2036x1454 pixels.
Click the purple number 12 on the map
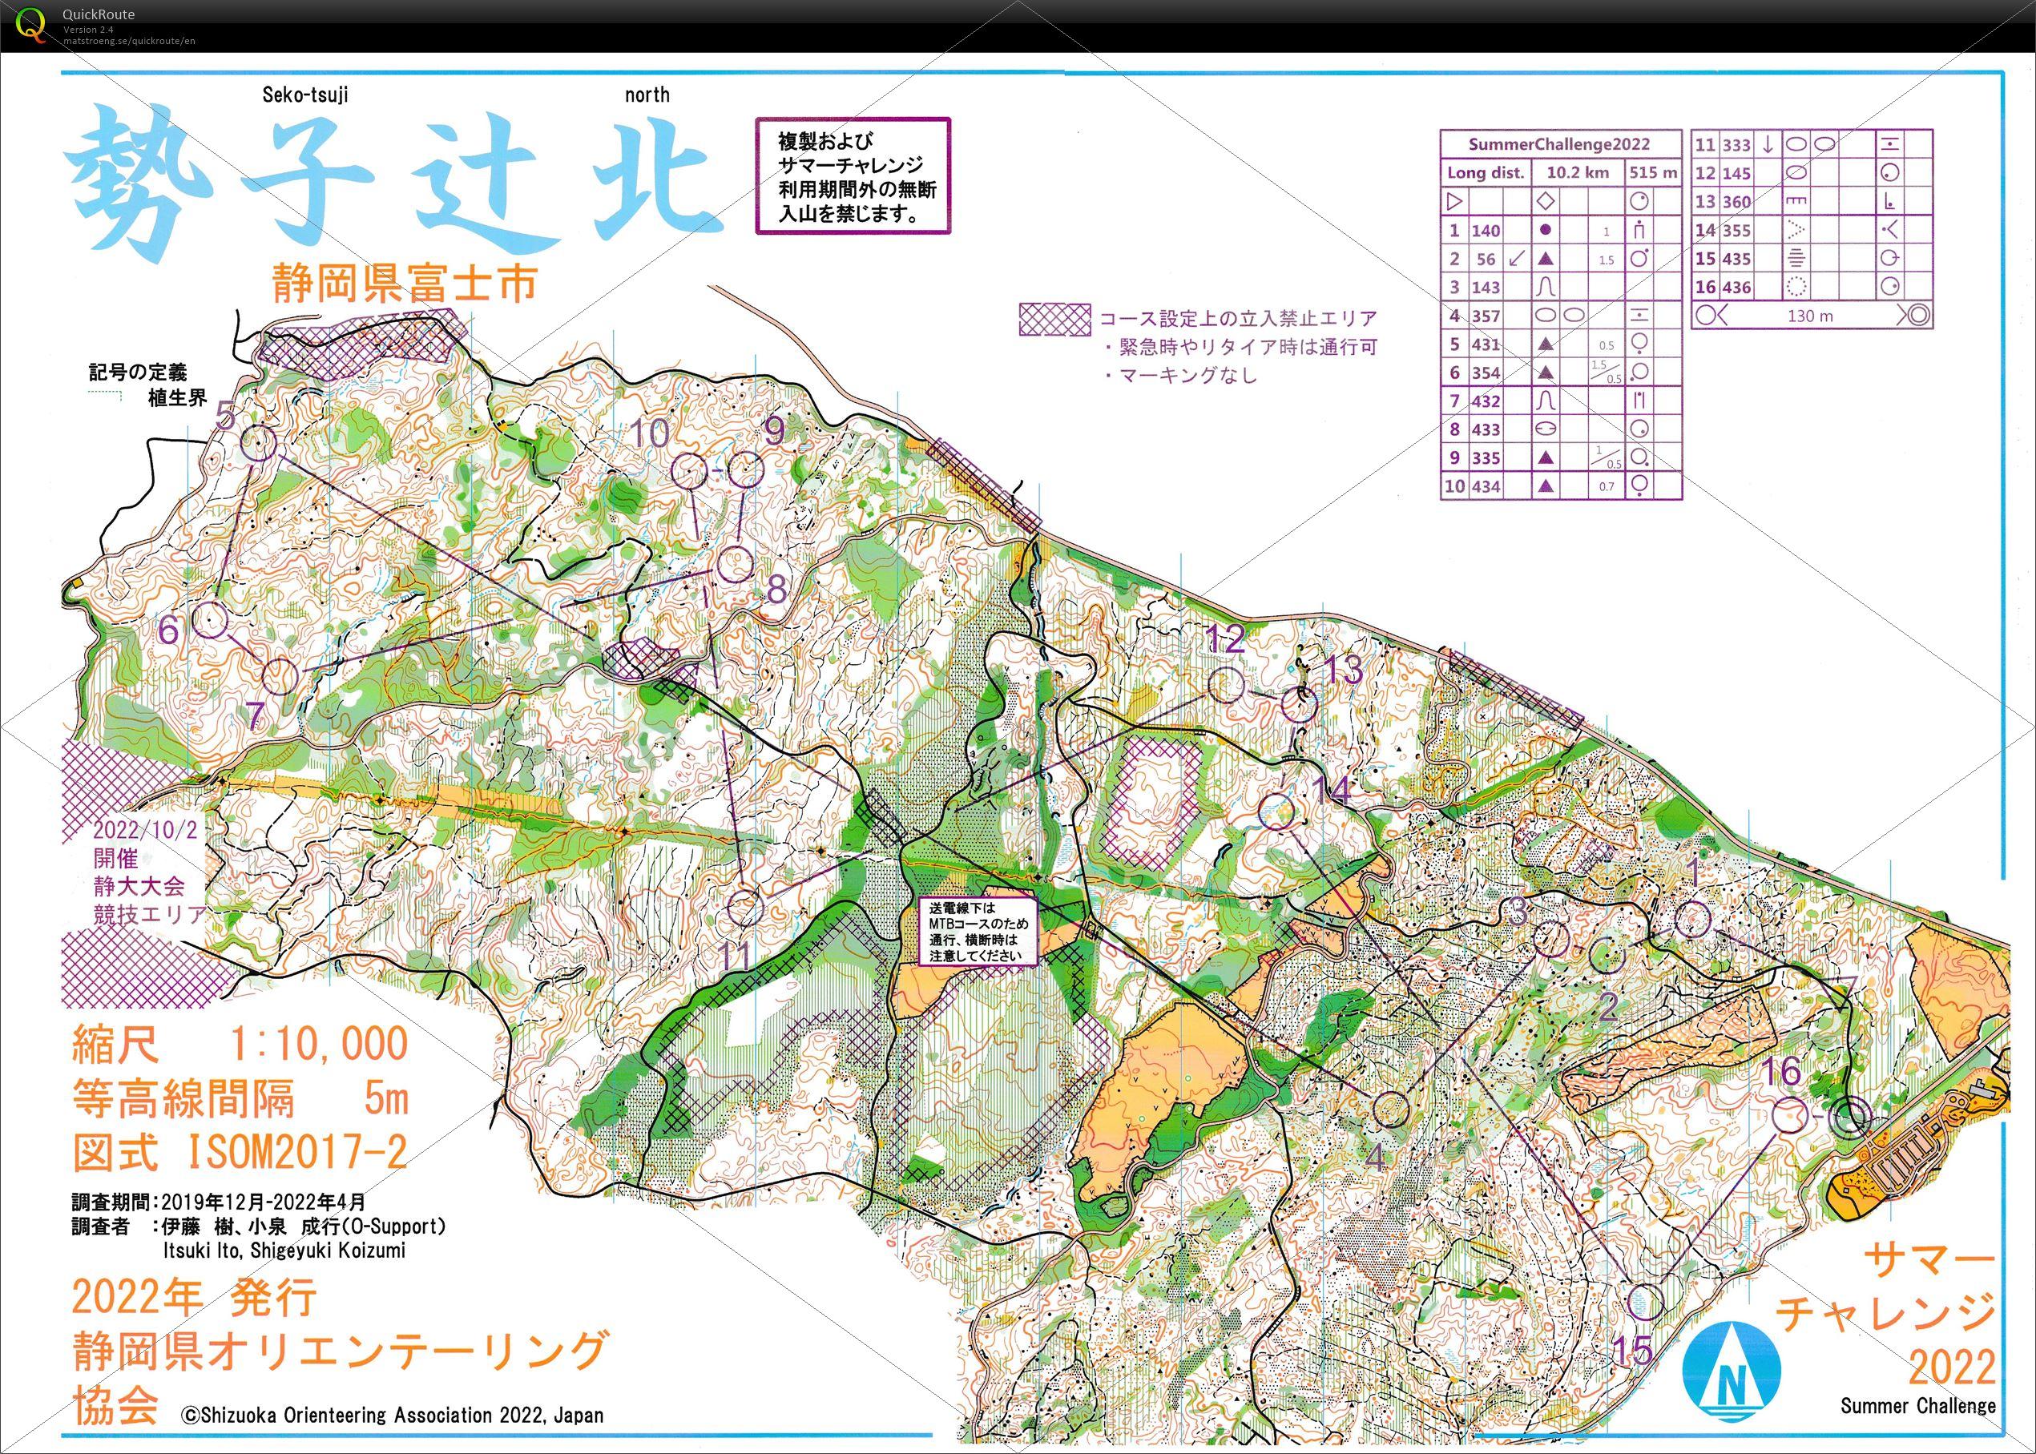[x=1225, y=639]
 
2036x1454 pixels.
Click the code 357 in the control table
[x=1486, y=316]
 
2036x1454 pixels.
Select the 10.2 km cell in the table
[x=1578, y=173]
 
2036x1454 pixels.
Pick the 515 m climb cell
[x=1654, y=173]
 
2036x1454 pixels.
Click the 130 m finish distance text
[x=1809, y=316]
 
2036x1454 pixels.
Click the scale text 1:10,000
[x=319, y=1044]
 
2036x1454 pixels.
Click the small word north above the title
[x=647, y=95]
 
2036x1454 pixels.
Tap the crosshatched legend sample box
[x=1054, y=319]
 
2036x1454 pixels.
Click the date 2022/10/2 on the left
[x=145, y=829]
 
